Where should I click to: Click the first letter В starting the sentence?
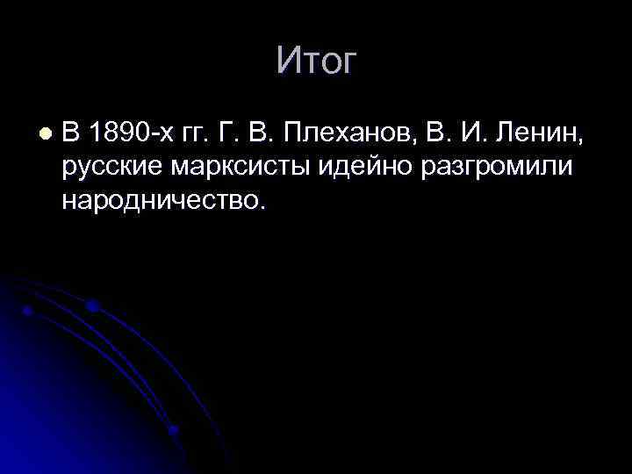tap(71, 134)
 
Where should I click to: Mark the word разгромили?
tap(509, 169)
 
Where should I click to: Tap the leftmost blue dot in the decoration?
tap(27, 311)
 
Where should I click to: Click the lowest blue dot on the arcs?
tap(174, 429)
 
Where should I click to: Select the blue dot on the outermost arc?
tap(93, 305)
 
